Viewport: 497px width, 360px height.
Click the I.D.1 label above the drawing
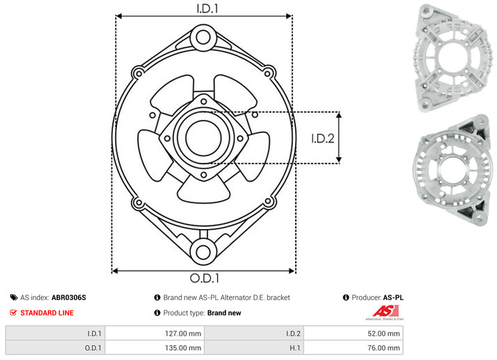click(x=207, y=8)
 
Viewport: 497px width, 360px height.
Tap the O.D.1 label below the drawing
click(x=205, y=278)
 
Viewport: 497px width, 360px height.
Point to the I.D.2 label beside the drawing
click(x=323, y=139)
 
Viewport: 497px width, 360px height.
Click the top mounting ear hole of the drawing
click(x=203, y=38)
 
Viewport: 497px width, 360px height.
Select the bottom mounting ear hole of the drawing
click(x=203, y=252)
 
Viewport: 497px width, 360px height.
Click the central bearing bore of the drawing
click(x=203, y=138)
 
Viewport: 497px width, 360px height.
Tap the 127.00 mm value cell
click(x=155, y=334)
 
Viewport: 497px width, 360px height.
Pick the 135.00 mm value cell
click(x=155, y=347)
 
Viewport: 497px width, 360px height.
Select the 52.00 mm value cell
click(x=353, y=334)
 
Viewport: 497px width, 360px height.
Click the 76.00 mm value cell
click(x=353, y=347)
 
